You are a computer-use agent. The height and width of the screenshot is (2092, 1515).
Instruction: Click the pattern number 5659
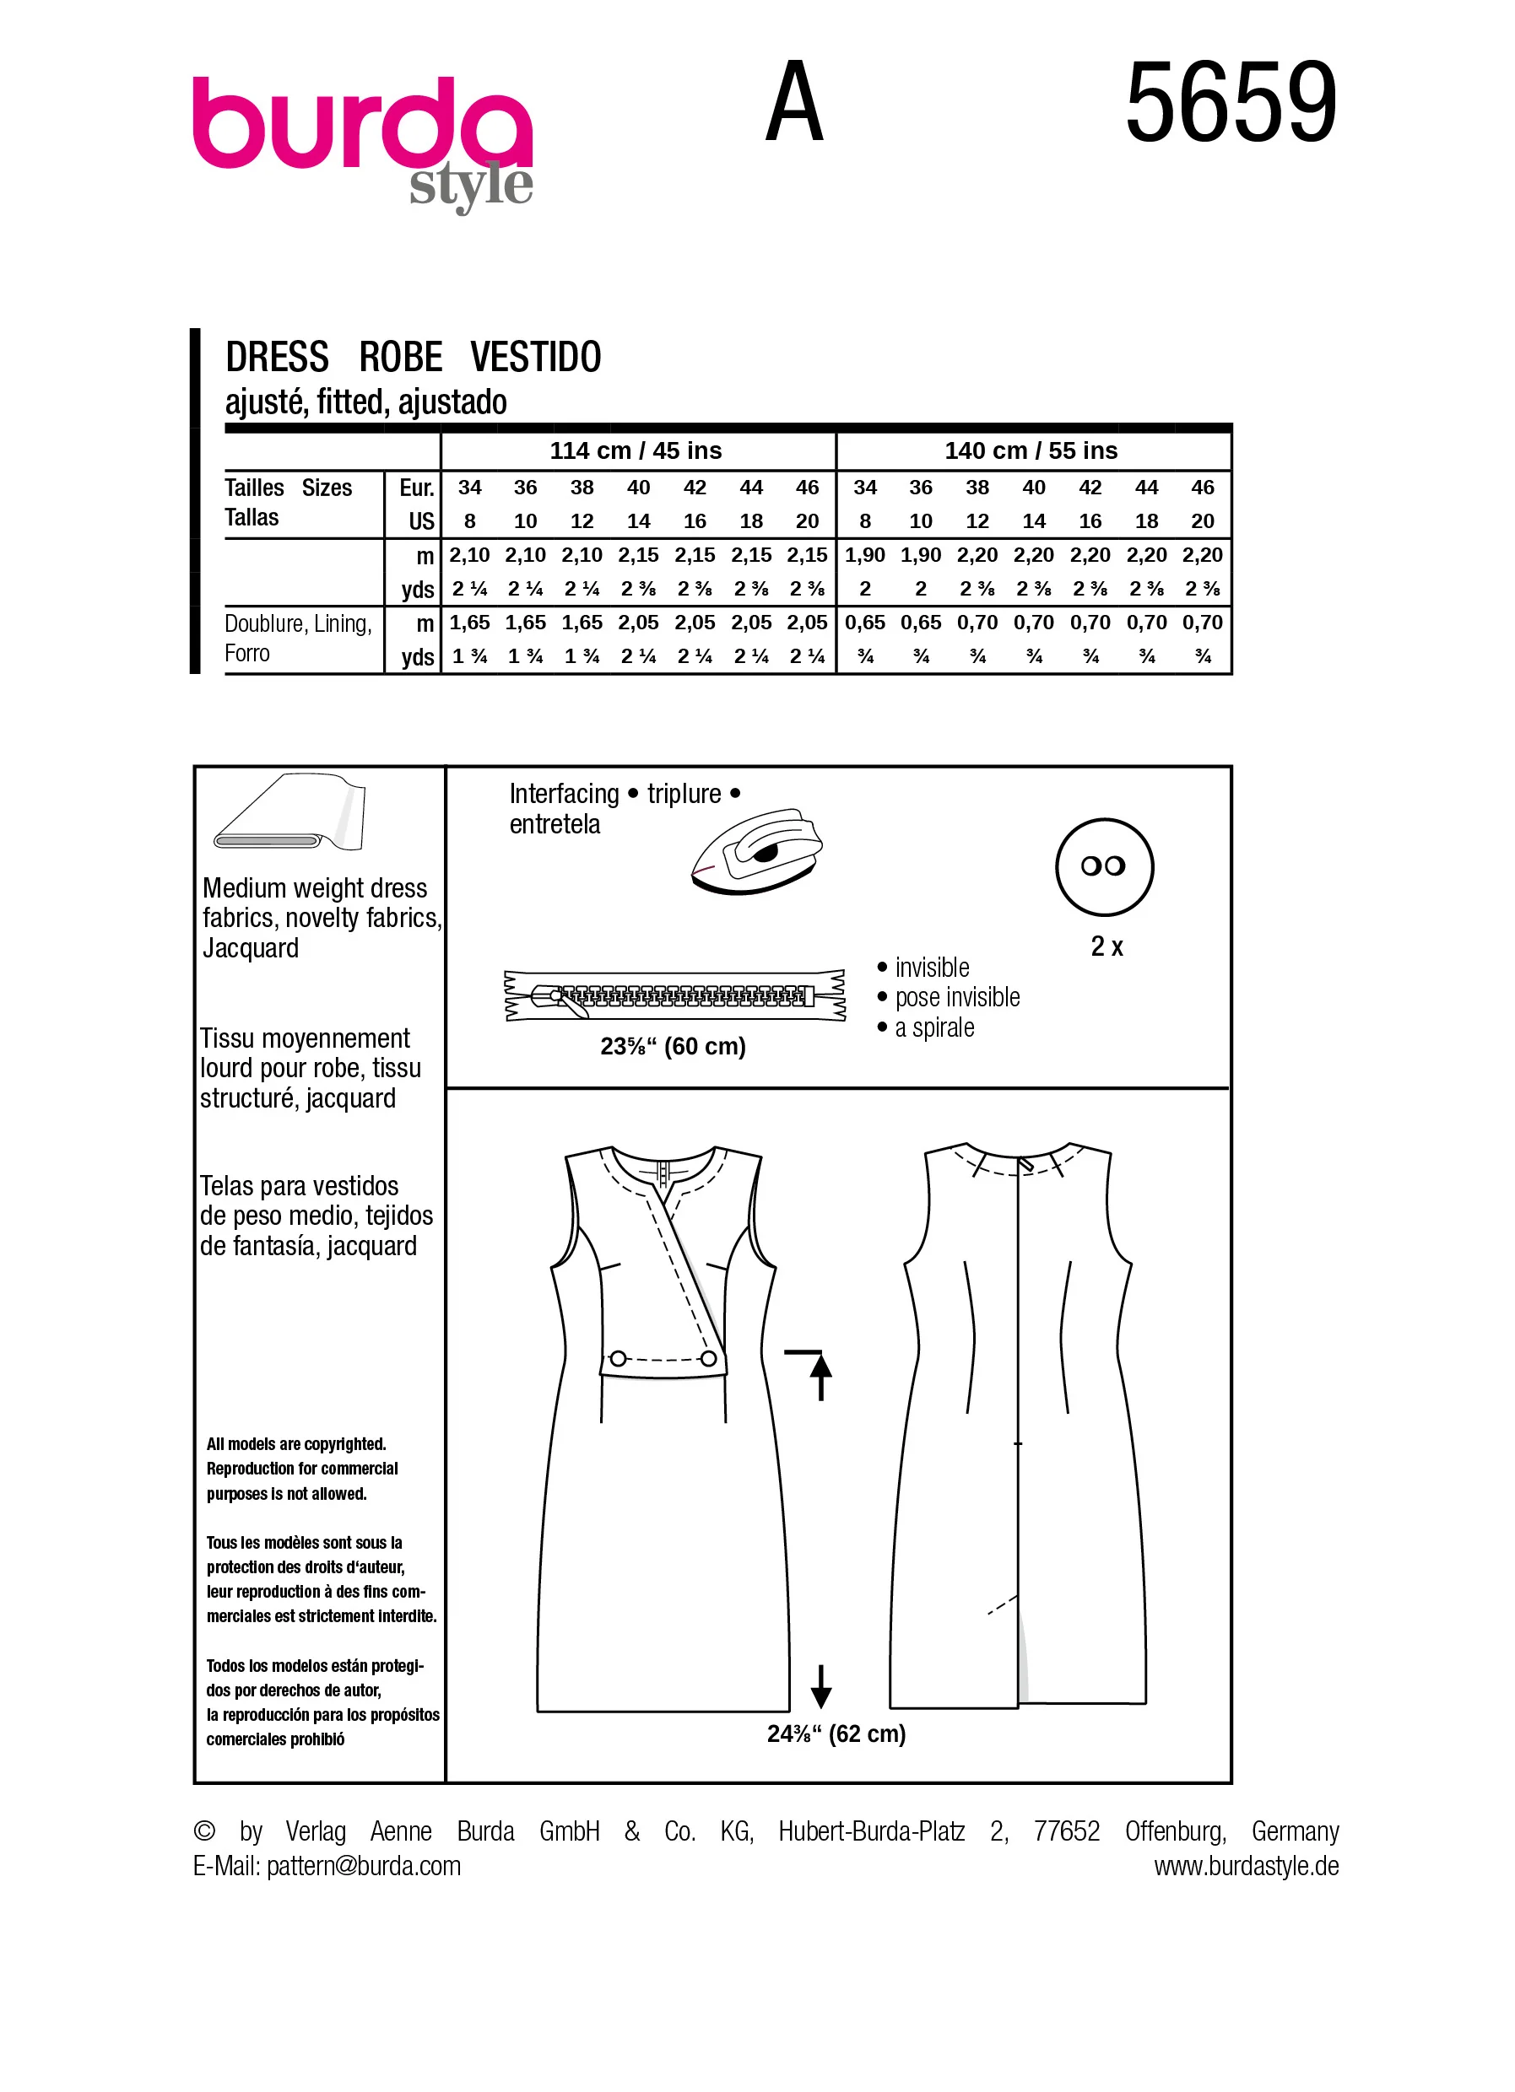pyautogui.click(x=1231, y=101)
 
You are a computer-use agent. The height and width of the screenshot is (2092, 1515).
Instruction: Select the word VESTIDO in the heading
pyautogui.click(x=535, y=357)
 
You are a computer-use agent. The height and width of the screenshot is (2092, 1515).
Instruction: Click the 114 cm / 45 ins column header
pyautogui.click(x=636, y=450)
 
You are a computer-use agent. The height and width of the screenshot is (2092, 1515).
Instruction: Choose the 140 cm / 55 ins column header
pyautogui.click(x=1031, y=450)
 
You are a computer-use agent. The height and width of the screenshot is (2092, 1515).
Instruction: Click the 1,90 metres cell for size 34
pyautogui.click(x=864, y=555)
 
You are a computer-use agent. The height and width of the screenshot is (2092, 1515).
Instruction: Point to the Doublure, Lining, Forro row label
pyautogui.click(x=298, y=639)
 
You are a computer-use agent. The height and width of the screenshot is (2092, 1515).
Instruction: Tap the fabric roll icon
pyautogui.click(x=289, y=812)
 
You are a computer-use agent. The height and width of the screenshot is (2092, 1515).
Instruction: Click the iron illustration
pyautogui.click(x=756, y=851)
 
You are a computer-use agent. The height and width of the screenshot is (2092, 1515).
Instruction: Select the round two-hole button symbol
pyautogui.click(x=1105, y=866)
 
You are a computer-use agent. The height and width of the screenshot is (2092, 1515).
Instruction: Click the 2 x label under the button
pyautogui.click(x=1107, y=946)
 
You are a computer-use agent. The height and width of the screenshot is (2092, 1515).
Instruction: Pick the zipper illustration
pyautogui.click(x=674, y=995)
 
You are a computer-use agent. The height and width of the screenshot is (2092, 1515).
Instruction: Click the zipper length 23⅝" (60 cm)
pyautogui.click(x=673, y=1046)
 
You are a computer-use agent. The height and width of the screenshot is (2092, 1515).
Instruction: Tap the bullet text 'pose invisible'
pyautogui.click(x=958, y=997)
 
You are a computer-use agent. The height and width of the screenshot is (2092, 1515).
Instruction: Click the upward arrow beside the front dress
pyautogui.click(x=820, y=1376)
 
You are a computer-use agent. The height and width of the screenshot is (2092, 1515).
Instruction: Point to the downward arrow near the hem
pyautogui.click(x=820, y=1686)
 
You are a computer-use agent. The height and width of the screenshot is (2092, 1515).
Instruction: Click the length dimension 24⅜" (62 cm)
pyautogui.click(x=836, y=1734)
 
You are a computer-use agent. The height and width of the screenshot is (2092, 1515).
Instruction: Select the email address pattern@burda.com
pyautogui.click(x=364, y=1866)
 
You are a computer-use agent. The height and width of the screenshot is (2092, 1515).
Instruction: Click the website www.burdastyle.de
pyautogui.click(x=1247, y=1866)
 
